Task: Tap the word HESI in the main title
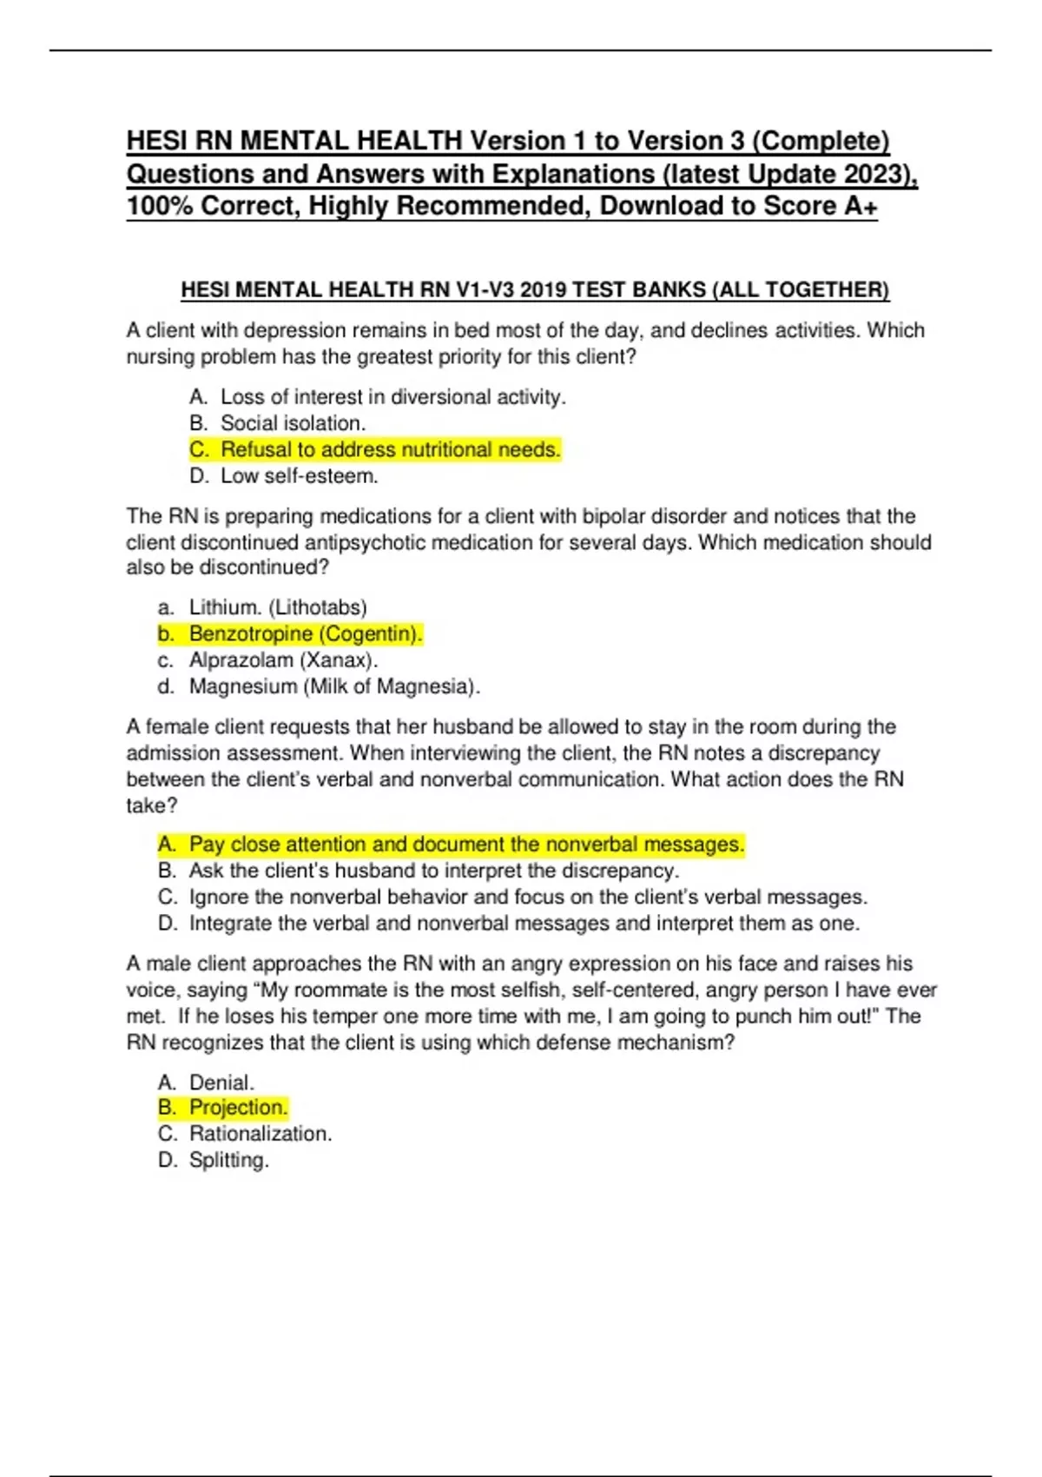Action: pyautogui.click(x=156, y=141)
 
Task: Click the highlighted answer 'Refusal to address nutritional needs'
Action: pyautogui.click(x=390, y=450)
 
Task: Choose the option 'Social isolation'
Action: pyautogui.click(x=293, y=423)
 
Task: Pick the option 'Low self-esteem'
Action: pyautogui.click(x=299, y=476)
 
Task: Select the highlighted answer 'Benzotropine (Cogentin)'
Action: pyautogui.click(x=305, y=634)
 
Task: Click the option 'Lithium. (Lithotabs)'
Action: pyautogui.click(x=278, y=607)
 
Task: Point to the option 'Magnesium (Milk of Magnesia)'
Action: pyautogui.click(x=334, y=686)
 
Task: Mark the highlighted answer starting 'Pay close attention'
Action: pyautogui.click(x=466, y=844)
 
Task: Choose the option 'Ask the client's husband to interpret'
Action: pyautogui.click(x=433, y=871)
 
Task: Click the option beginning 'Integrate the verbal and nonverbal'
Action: pyautogui.click(x=524, y=923)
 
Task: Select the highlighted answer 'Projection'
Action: pyautogui.click(x=237, y=1108)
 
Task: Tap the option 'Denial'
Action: pyautogui.click(x=221, y=1083)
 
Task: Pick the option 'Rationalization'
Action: pyautogui.click(x=260, y=1134)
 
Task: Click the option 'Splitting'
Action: pyautogui.click(x=228, y=1160)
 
